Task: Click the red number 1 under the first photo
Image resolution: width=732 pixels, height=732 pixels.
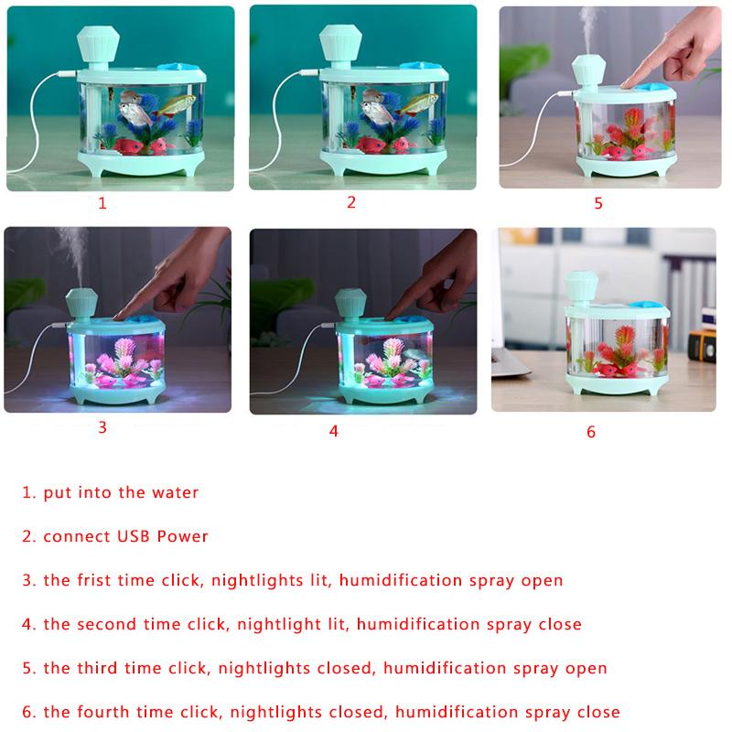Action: (102, 203)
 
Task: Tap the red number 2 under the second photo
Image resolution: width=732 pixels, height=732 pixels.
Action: (351, 202)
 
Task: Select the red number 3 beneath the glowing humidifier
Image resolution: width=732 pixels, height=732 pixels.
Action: (102, 427)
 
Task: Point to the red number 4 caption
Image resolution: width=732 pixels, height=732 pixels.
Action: (333, 431)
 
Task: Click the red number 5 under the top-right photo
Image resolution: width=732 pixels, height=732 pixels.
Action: (598, 203)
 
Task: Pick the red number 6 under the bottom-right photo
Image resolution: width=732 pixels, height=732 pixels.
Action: (591, 432)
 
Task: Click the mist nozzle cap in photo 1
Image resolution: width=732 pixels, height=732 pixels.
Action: (98, 43)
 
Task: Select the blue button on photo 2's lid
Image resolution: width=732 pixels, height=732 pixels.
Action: (421, 66)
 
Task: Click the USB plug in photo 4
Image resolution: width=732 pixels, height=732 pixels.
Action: (329, 324)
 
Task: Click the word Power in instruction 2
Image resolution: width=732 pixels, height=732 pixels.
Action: (182, 536)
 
